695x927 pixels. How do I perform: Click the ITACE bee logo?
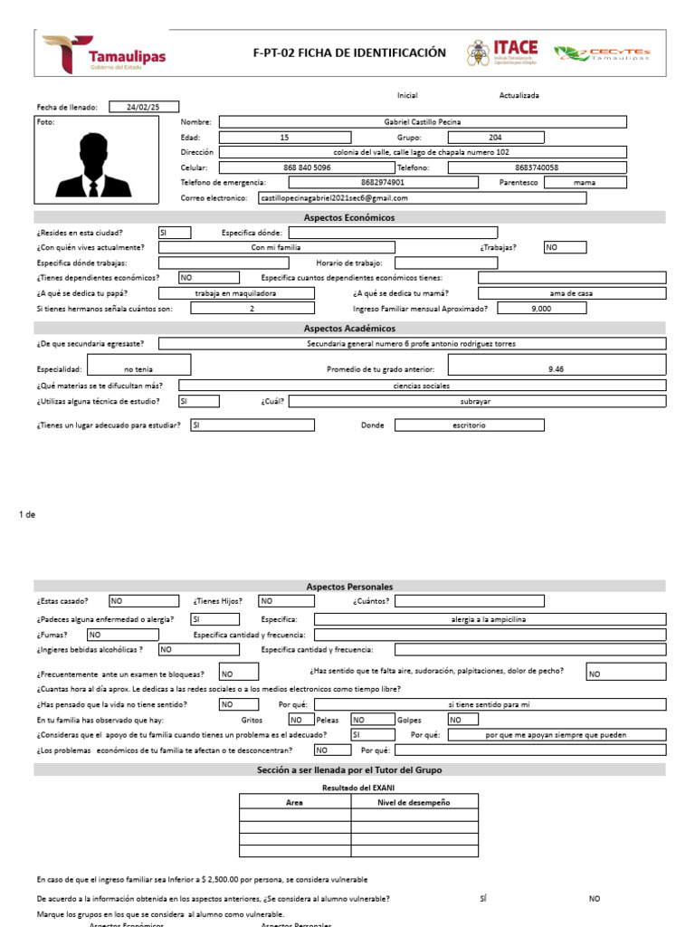(502, 53)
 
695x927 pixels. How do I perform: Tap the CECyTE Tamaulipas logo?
(602, 53)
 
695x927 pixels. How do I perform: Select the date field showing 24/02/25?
(144, 106)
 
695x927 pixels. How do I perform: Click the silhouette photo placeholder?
(90, 164)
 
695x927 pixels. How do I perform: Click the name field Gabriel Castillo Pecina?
(410, 121)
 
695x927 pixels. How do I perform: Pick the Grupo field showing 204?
(495, 137)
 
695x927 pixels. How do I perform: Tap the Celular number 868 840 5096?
(307, 167)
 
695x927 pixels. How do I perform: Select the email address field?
(421, 197)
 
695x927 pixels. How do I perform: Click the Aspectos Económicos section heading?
(348, 217)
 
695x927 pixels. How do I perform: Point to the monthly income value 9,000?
(542, 308)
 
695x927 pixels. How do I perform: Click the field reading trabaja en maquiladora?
(235, 293)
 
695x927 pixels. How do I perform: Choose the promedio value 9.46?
(556, 369)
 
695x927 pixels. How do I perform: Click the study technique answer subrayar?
(476, 401)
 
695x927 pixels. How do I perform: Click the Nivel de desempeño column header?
(414, 802)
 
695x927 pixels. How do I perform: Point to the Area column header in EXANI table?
(294, 802)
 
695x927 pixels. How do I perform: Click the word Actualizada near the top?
(519, 95)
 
